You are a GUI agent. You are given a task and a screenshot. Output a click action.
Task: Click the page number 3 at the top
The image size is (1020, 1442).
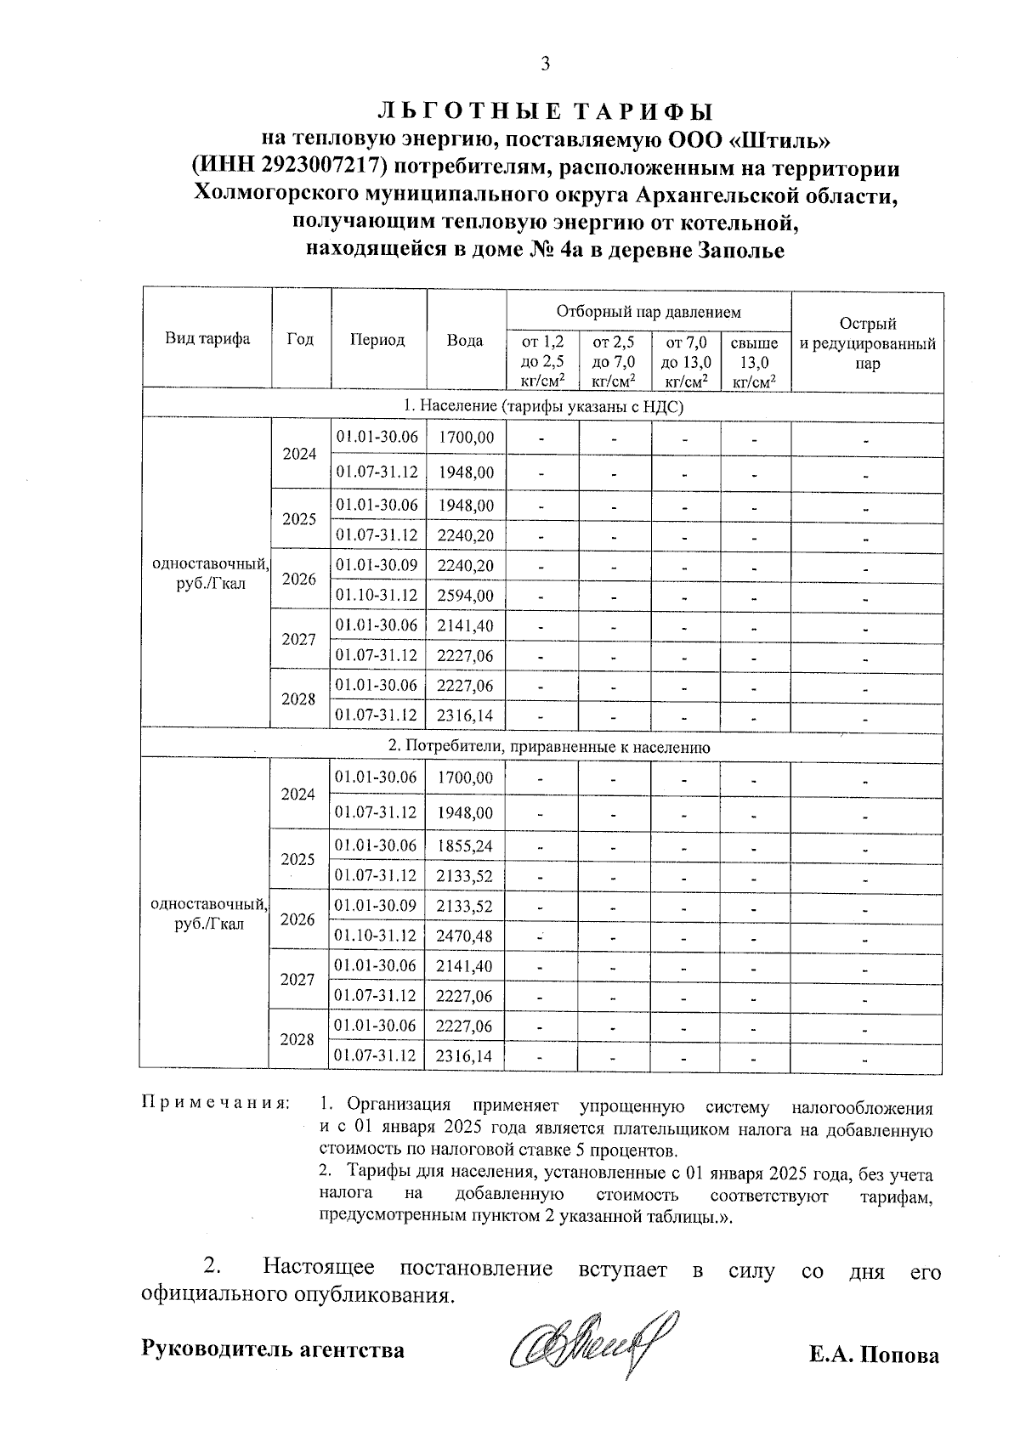pos(545,64)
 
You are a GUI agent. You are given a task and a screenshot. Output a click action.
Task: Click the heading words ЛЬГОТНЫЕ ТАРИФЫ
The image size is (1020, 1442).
pos(545,112)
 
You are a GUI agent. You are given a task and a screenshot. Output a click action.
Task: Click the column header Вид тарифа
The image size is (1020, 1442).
pos(207,339)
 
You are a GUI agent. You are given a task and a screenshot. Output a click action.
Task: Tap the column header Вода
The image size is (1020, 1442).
pos(465,340)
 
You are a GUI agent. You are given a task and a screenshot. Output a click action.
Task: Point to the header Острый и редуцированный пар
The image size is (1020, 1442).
pos(867,343)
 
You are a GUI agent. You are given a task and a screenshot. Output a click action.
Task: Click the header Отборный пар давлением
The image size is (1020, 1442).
pos(648,312)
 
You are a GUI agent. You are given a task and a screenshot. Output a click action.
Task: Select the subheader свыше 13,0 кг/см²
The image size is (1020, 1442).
pos(755,362)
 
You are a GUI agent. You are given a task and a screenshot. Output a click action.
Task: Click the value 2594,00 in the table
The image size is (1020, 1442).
pos(465,596)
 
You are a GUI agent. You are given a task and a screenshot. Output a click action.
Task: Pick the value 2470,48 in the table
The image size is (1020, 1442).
pos(464,936)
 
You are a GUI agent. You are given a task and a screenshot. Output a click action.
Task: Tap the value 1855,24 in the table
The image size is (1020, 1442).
pos(464,846)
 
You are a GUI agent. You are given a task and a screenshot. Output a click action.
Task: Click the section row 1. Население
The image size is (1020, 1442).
pos(542,407)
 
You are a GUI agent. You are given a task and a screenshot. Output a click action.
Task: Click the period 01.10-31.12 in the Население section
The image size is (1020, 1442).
pos(377,596)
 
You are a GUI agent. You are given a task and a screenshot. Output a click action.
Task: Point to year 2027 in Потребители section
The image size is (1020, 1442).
pos(297,980)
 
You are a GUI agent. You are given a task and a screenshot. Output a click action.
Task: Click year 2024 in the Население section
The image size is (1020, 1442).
pos(299,454)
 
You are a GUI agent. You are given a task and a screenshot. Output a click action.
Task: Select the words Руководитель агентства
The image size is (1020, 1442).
pos(273,1349)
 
